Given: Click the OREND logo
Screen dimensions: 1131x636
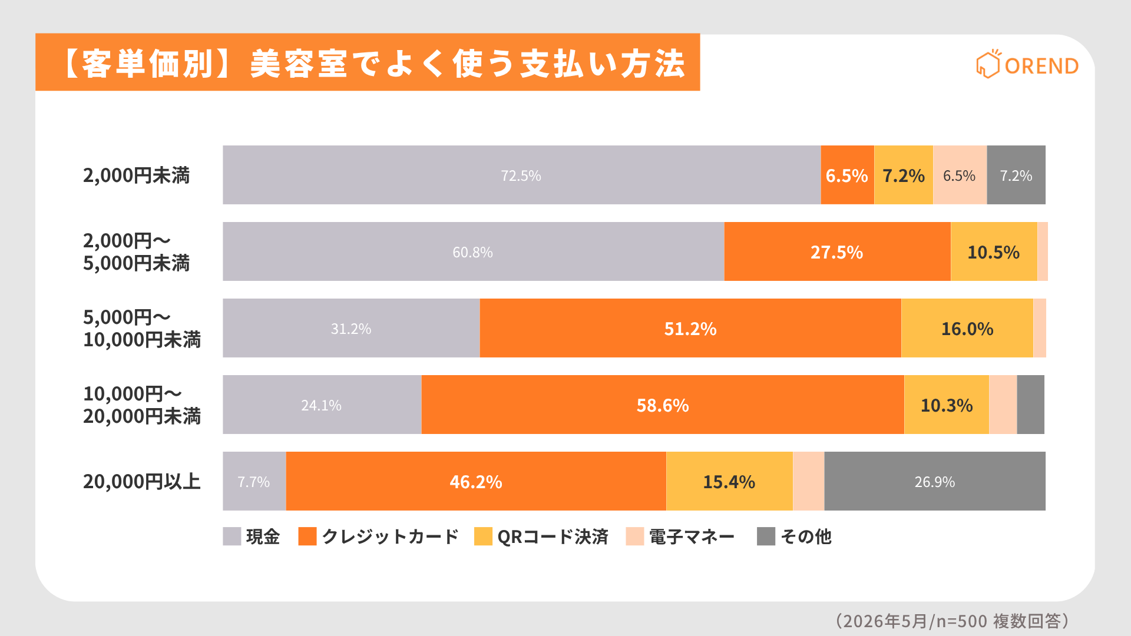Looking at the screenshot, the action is pos(1027,64).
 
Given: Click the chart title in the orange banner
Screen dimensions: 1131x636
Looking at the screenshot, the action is pos(372,64).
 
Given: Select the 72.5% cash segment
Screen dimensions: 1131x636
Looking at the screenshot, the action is pos(521,175).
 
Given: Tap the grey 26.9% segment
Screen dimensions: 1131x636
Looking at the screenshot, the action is pos(935,481).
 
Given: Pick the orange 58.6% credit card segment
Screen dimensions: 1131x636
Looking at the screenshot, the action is pos(663,405).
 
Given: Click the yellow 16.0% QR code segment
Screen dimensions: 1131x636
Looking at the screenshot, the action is pos(967,328).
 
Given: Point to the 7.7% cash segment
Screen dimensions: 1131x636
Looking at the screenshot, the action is pos(254,481).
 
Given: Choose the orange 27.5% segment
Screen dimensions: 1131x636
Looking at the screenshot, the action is pos(837,251).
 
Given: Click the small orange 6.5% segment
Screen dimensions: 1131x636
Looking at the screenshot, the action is pos(848,175).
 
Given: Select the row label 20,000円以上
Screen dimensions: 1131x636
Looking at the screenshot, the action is pos(142,481).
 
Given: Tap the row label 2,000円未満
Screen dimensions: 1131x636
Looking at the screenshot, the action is pos(136,175).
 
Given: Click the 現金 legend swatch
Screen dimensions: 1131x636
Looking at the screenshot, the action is pos(232,536).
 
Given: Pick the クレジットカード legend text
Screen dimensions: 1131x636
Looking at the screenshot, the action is pos(390,536).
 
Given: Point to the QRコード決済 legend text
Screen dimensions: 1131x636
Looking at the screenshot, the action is pos(553,536).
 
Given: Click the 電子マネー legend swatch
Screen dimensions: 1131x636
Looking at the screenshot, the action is pos(635,536).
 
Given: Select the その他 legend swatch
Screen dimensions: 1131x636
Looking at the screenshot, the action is pos(766,536).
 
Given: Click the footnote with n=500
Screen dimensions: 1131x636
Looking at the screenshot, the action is pos(952,621).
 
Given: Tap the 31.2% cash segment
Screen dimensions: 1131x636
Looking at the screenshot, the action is pos(351,328).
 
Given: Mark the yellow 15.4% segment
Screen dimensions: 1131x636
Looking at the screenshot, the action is pos(729,481).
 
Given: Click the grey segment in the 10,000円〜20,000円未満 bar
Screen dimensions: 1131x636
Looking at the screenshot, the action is pos(1031,405).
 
